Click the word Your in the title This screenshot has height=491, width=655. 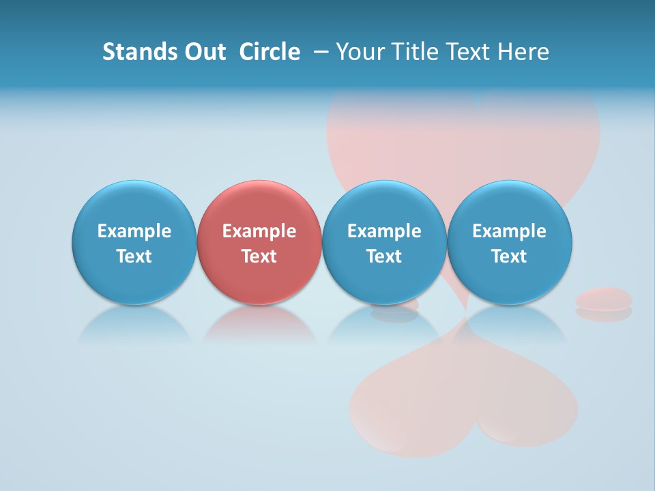coord(359,52)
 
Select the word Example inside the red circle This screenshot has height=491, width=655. coord(259,231)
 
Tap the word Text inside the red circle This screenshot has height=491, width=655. coord(259,256)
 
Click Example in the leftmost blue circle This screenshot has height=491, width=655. coord(134,231)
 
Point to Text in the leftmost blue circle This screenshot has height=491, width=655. coord(134,256)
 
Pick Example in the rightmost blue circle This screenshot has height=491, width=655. coord(509,231)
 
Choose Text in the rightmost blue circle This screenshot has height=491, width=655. coord(509,256)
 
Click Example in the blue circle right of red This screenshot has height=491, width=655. coord(384,231)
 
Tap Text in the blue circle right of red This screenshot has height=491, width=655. coord(384,256)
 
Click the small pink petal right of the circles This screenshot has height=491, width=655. coord(604,299)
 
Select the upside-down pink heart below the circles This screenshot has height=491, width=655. coord(464,402)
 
